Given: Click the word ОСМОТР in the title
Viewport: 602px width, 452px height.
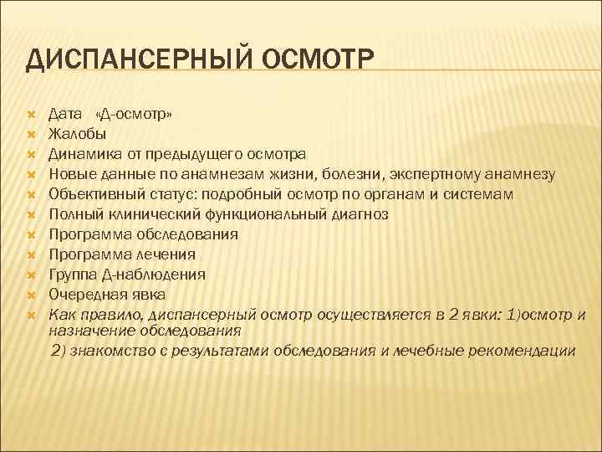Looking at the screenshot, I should pyautogui.click(x=319, y=60).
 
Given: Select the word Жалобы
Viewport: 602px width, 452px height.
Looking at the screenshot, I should pyautogui.click(x=77, y=133).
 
